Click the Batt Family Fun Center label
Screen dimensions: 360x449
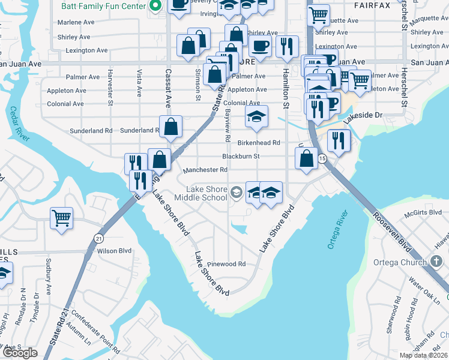click(103, 6)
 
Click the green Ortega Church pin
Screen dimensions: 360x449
click(436, 262)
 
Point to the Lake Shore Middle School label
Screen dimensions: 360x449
click(201, 193)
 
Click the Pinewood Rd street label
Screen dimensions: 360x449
click(226, 264)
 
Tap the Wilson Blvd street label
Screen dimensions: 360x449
click(114, 251)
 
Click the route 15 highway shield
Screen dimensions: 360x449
click(322, 158)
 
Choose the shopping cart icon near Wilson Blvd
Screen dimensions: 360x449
click(61, 217)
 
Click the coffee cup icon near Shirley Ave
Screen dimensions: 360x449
click(260, 46)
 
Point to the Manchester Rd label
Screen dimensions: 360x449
click(205, 170)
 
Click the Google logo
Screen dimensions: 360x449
click(20, 353)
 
